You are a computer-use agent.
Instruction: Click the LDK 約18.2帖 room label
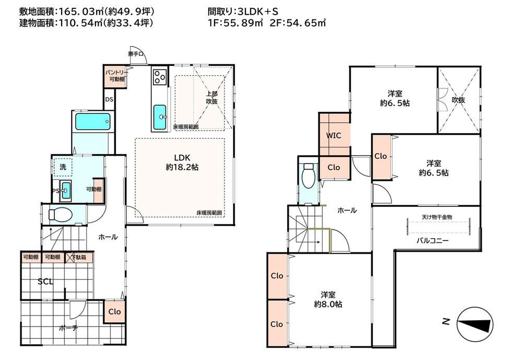pos(182,162)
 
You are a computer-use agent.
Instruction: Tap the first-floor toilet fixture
pos(60,214)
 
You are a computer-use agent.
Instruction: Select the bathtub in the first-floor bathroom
pos(92,121)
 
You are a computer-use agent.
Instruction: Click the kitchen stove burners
pos(160,77)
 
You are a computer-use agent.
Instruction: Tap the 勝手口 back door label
pos(136,53)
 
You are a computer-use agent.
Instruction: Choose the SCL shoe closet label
pos(45,282)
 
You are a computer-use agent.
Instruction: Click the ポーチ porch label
pos(68,328)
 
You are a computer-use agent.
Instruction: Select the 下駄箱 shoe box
pos(79,257)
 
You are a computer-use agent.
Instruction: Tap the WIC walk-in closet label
pos(334,135)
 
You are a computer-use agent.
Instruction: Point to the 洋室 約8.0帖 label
pos(328,299)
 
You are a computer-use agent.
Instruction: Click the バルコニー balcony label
pos(433,241)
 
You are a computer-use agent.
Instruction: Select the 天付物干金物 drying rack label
pos(437,217)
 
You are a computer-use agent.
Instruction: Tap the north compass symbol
pos(474,323)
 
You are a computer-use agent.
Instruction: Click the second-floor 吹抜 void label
pos(458,100)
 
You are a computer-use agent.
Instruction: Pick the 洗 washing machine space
pos(63,167)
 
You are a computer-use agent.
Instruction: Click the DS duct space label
pos(109,99)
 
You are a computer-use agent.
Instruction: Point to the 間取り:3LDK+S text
pos(243,11)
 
